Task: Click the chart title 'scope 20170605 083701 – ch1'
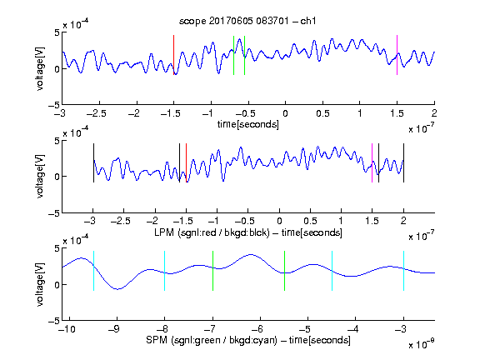point(247,21)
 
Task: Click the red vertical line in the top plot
point(174,55)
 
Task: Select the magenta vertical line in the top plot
point(397,55)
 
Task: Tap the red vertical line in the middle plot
point(186,162)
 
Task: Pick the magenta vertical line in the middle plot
point(372,162)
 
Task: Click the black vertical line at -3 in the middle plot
point(93,162)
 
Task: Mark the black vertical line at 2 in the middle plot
point(403,162)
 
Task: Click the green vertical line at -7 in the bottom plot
point(212,271)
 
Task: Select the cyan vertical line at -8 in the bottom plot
point(165,271)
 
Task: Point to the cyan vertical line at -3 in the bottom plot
point(403,271)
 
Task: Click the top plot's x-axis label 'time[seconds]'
point(248,124)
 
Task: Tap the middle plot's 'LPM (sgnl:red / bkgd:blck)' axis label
point(212,232)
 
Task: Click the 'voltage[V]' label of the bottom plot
point(40,284)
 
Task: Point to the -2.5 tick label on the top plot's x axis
point(96,113)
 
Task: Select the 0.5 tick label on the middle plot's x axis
point(310,221)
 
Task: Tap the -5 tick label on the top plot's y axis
point(53,106)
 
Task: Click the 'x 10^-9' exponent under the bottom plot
point(421,344)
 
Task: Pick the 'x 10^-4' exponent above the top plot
point(76,23)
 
